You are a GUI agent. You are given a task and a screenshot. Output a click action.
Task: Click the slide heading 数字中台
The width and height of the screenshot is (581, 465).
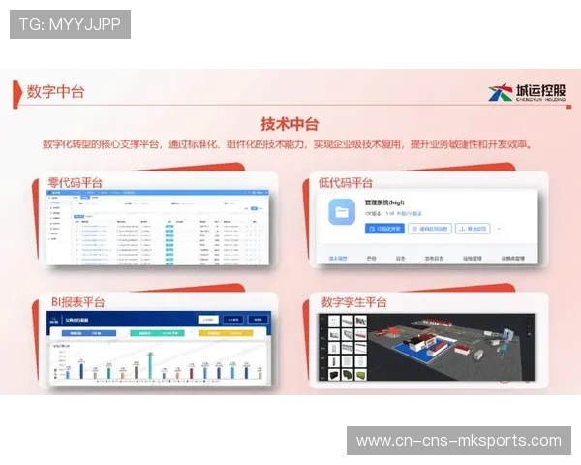coord(55,91)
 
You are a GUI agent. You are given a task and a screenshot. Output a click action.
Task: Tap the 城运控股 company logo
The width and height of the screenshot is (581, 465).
coord(527,93)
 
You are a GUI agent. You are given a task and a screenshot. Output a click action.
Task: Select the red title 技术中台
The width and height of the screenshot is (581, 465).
coord(290,124)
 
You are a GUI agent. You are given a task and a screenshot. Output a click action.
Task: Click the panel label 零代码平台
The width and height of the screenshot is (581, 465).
coord(76,182)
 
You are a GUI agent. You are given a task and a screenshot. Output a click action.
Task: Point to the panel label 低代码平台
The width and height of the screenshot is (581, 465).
coord(346,182)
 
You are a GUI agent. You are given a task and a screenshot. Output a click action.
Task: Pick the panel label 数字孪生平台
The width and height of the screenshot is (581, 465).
coord(354,302)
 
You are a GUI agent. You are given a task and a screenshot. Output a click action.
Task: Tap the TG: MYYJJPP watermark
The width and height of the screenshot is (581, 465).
coord(70,24)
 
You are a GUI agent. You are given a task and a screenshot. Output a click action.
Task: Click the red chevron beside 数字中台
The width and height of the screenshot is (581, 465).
coord(19,91)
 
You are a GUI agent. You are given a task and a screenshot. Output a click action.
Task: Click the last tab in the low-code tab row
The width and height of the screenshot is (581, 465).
coord(513,259)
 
